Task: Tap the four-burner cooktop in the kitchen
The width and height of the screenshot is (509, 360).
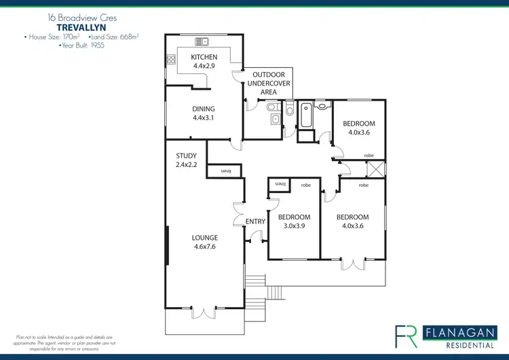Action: (x=170, y=60)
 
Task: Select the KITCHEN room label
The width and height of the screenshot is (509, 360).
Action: (x=204, y=57)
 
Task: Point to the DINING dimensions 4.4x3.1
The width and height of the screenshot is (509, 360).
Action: (x=204, y=118)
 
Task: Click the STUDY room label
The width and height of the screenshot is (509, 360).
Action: (x=186, y=156)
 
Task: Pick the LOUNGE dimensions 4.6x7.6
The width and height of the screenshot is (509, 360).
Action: (x=204, y=247)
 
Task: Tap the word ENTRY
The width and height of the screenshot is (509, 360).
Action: (x=255, y=222)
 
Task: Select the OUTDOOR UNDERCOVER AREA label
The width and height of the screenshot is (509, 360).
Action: (x=271, y=83)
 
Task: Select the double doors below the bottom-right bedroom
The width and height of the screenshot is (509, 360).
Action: (x=352, y=264)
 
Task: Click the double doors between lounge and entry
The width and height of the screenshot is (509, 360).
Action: (x=238, y=216)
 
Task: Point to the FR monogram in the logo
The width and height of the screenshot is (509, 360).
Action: (x=407, y=336)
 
